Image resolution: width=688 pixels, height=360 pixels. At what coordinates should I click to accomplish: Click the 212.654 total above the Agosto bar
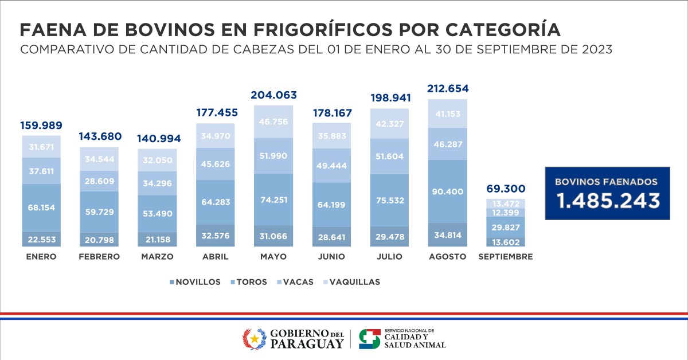[448, 88]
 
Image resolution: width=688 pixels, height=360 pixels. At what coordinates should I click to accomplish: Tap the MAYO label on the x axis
[273, 257]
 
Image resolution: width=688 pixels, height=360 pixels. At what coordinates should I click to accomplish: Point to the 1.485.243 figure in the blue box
[607, 201]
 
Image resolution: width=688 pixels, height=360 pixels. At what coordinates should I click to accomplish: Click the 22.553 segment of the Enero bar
[41, 239]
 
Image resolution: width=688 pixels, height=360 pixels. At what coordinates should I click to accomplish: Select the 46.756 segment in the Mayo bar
[273, 122]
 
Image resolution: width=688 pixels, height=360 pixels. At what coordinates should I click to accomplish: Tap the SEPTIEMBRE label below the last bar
[506, 257]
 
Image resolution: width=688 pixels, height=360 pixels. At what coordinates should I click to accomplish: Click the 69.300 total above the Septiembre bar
[506, 189]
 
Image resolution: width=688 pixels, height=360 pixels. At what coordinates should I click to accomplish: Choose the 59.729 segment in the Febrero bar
[100, 212]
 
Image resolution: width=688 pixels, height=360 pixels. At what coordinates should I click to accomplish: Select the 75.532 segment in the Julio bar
[390, 200]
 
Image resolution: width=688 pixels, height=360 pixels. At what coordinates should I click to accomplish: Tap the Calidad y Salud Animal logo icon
[369, 338]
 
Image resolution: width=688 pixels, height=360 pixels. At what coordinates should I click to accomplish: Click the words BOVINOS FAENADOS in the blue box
[607, 181]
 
